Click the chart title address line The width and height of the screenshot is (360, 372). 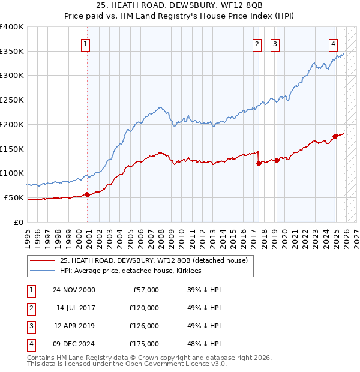180,5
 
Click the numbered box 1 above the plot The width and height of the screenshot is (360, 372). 86,43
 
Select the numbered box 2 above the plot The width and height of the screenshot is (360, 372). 257,43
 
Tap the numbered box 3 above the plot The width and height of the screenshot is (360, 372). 275,43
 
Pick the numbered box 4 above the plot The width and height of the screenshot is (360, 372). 333,43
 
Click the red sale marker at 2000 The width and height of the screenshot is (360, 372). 88,194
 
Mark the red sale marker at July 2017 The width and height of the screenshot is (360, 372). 259,163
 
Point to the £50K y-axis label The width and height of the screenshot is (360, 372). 14,197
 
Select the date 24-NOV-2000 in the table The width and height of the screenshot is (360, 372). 74,290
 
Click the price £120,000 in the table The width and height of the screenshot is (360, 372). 145,308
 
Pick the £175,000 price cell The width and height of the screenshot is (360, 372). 145,344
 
